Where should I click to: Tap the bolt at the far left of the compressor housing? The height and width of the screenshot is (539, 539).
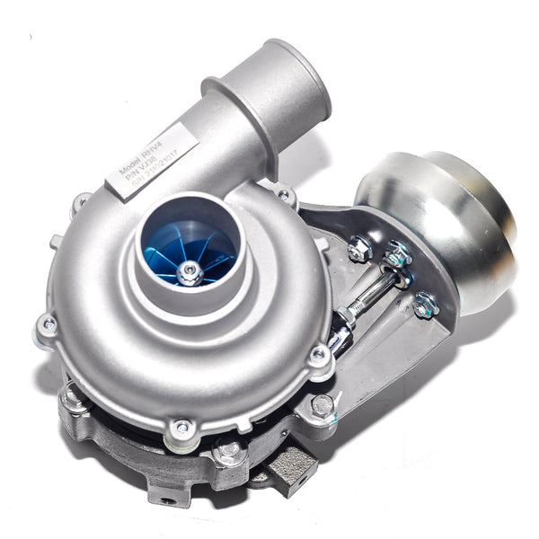47,324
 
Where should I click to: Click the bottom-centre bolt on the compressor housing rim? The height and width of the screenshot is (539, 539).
183,429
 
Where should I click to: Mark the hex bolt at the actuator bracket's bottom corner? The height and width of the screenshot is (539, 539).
321,406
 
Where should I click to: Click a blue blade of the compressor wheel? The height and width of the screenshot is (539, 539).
166,256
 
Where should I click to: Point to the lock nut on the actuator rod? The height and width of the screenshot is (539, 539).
346,314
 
